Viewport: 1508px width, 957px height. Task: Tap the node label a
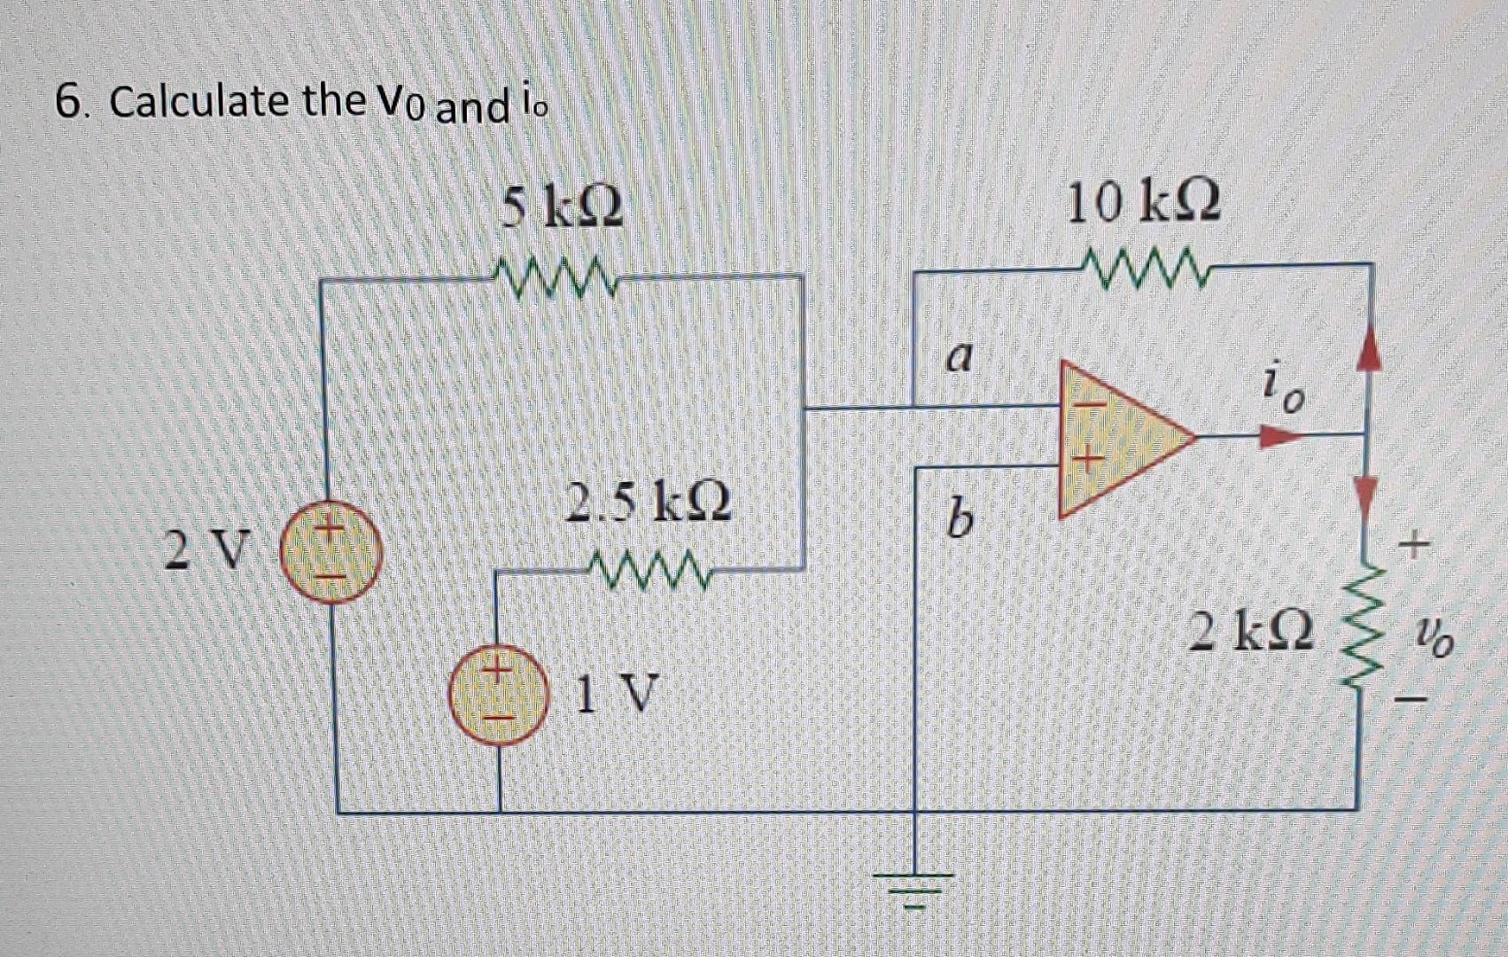[x=959, y=356]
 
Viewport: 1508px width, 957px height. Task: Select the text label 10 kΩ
[x=1143, y=202]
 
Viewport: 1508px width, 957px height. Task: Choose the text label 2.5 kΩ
[x=649, y=502]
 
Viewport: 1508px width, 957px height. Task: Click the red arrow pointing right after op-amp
[x=1280, y=436]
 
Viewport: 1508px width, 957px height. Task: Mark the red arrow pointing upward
[x=1370, y=352]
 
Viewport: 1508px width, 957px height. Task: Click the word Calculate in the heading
[x=201, y=101]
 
